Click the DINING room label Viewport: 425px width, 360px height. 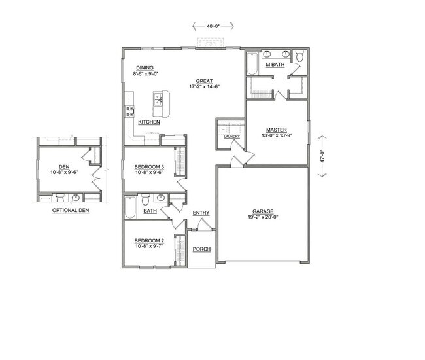(x=144, y=68)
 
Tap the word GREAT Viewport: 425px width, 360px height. (x=203, y=81)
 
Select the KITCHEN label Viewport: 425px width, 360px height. (x=149, y=122)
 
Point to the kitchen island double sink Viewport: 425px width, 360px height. (x=158, y=99)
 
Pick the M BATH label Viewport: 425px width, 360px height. (x=275, y=65)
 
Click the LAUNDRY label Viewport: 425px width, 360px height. (x=231, y=137)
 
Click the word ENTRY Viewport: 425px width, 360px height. (x=201, y=213)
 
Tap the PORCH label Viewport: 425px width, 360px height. (x=201, y=249)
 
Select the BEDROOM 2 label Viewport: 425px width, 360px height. (x=148, y=241)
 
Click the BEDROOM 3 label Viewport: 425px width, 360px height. (x=148, y=167)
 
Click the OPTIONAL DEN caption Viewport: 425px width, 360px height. (x=69, y=211)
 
